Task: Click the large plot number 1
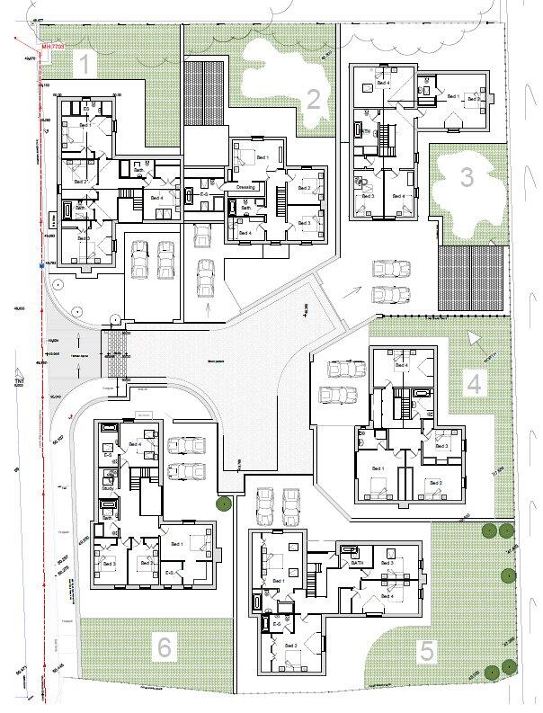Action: click(85, 64)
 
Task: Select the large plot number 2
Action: click(313, 99)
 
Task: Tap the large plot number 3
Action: click(466, 177)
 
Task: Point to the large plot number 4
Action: click(474, 384)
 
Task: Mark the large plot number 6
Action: click(164, 646)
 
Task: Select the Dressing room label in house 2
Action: click(246, 187)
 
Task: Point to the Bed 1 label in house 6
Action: click(176, 544)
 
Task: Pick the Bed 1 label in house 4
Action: click(378, 468)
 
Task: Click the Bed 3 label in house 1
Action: click(83, 238)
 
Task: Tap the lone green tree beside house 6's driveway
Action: click(218, 504)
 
